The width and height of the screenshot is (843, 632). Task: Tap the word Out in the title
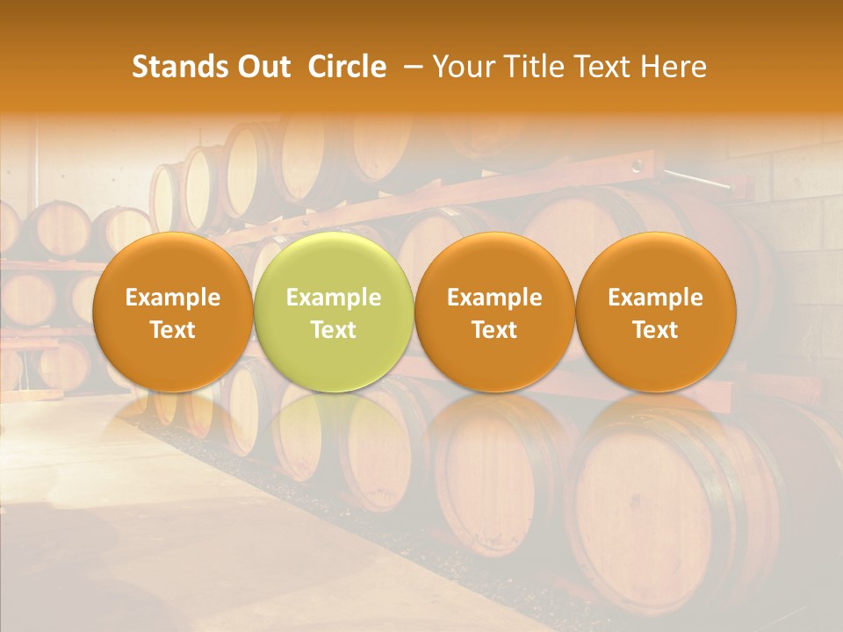pyautogui.click(x=262, y=67)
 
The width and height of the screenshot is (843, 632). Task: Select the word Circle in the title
pyautogui.click(x=347, y=67)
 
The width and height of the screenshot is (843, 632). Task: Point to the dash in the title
pyautogui.click(x=409, y=67)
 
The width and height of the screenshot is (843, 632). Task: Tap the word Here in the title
pyautogui.click(x=674, y=67)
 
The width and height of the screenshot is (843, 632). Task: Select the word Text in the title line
pyautogui.click(x=599, y=67)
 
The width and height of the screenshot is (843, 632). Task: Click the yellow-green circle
pyautogui.click(x=333, y=263)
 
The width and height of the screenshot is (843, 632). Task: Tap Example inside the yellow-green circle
pyautogui.click(x=334, y=298)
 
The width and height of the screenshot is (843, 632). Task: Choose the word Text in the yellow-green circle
pyautogui.click(x=334, y=330)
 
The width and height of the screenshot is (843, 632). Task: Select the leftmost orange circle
pyautogui.click(x=172, y=263)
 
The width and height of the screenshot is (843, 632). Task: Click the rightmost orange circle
pyautogui.click(x=655, y=263)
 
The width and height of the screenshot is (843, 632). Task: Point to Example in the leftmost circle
pyautogui.click(x=173, y=298)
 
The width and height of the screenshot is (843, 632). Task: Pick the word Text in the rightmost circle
pyautogui.click(x=655, y=330)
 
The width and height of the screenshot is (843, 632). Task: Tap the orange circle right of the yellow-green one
pyautogui.click(x=494, y=263)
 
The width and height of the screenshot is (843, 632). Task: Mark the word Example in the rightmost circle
pyautogui.click(x=655, y=298)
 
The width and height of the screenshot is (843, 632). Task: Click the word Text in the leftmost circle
pyautogui.click(x=173, y=330)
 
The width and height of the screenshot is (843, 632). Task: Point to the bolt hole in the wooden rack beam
pyautogui.click(x=638, y=165)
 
